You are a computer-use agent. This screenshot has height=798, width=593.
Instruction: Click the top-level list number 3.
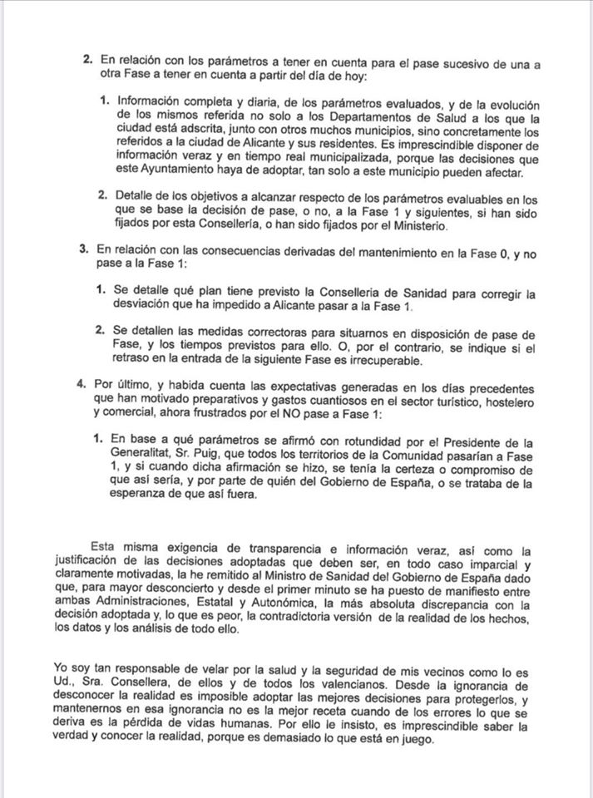pos(82,251)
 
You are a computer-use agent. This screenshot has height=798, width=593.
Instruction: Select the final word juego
pos(416,738)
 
